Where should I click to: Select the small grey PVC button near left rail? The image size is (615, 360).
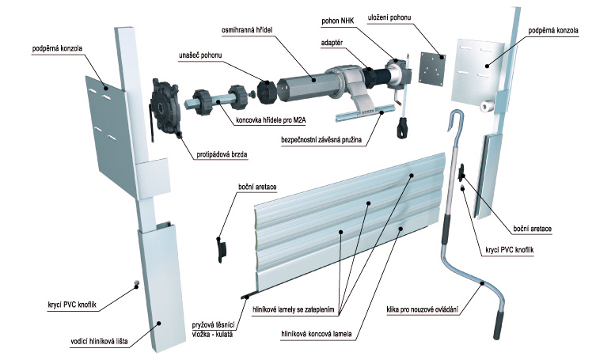tap(137, 282)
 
